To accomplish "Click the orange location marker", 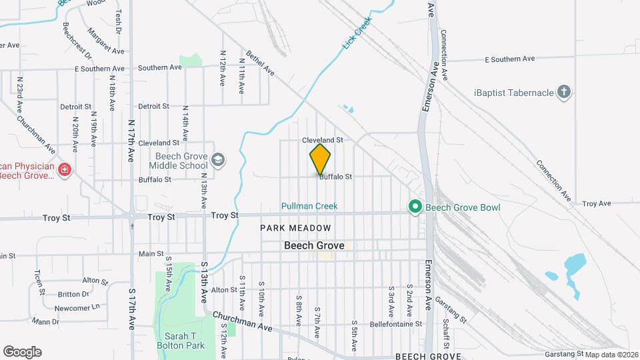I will coord(320,159).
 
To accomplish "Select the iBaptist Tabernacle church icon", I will coord(564,92).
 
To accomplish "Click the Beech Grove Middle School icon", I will coord(218,160).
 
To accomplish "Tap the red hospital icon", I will coord(65,171).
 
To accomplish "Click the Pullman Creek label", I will coord(309,206).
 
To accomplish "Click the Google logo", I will coord(22,352).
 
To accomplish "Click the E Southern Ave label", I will coord(509,59).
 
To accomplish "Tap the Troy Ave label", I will coord(596,203).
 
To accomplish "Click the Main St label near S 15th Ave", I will coord(151,253).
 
